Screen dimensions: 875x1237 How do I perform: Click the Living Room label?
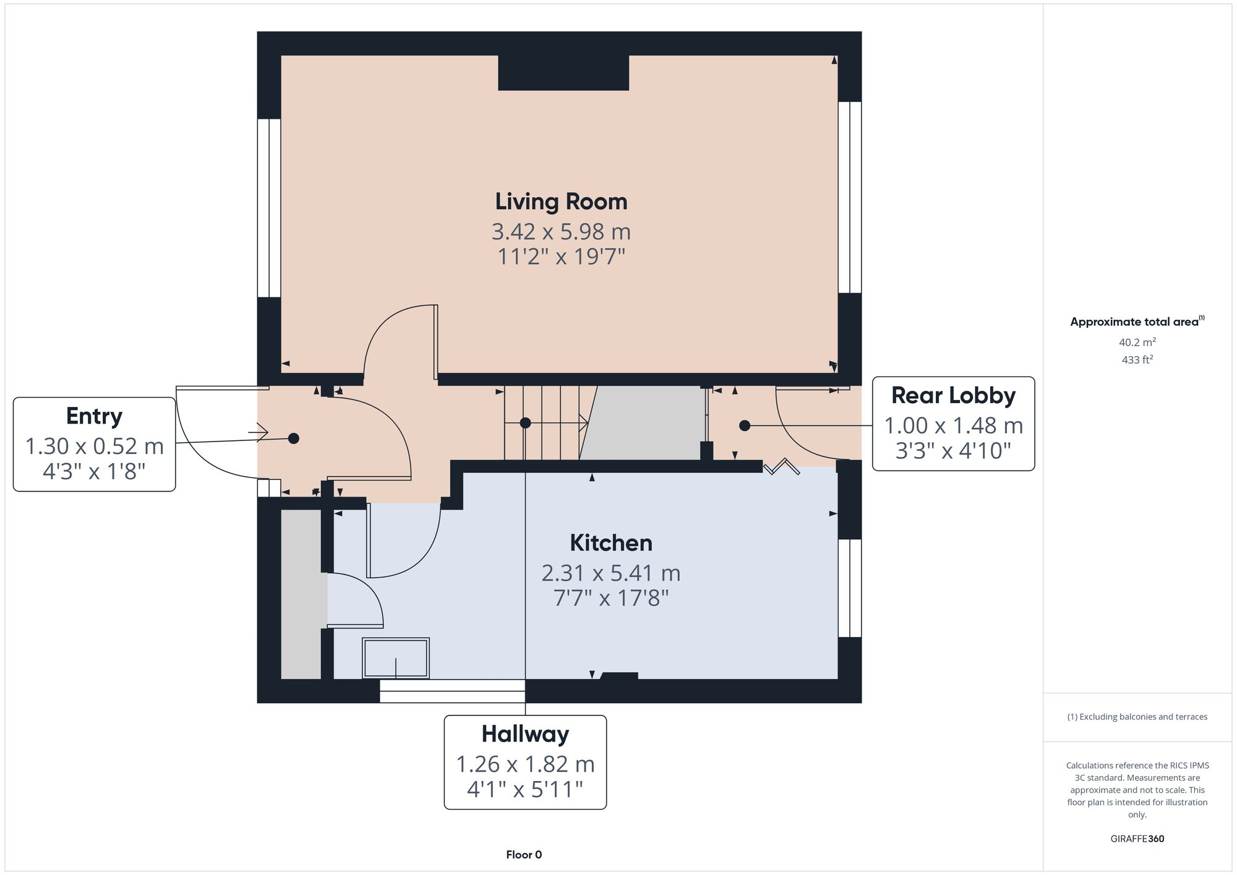click(561, 202)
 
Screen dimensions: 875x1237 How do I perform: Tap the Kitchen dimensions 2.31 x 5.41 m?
click(610, 573)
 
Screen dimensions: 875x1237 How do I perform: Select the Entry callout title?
click(94, 416)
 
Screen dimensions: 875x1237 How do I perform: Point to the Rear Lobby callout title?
click(953, 396)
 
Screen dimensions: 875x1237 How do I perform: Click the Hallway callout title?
click(525, 734)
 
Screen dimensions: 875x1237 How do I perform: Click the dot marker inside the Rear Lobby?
click(745, 425)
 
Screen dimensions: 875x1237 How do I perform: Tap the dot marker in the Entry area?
click(294, 438)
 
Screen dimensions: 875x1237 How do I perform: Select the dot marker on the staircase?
click(525, 423)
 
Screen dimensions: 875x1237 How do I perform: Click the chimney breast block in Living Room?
click(563, 73)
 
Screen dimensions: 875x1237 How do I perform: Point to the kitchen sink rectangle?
click(396, 659)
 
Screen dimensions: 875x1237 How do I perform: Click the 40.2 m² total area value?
click(1137, 342)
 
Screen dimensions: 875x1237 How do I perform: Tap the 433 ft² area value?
click(1137, 359)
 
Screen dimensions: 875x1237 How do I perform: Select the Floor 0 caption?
click(524, 855)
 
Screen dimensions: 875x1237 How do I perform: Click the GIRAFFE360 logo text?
click(1137, 839)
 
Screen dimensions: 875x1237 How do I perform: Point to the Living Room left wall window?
click(269, 208)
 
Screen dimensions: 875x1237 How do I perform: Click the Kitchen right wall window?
click(850, 587)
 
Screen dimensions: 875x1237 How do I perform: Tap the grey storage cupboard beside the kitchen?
click(301, 594)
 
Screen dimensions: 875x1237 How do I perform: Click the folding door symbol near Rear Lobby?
click(782, 466)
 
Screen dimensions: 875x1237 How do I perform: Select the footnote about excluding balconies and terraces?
click(1137, 717)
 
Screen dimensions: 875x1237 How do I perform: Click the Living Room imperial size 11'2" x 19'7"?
click(561, 257)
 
